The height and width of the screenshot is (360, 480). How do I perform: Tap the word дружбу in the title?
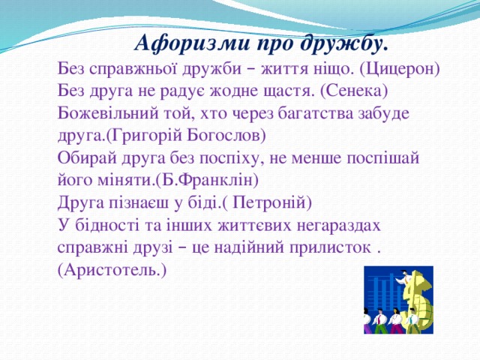346,43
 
